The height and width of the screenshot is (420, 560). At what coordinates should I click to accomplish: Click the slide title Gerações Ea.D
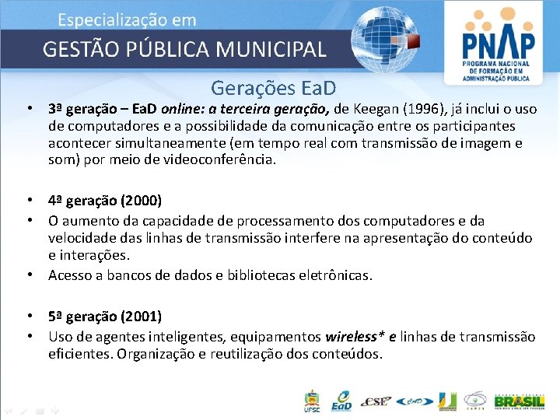273,88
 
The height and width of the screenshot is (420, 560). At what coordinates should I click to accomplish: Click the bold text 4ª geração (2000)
105,201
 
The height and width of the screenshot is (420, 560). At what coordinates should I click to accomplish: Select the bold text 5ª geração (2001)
105,317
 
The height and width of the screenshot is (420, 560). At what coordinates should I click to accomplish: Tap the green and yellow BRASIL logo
514,401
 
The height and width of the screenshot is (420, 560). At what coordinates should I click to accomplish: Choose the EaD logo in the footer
341,401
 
